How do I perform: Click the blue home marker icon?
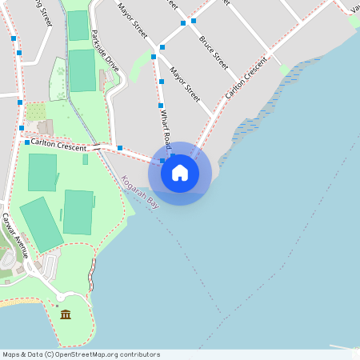pos(180,173)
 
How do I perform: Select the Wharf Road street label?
pos(165,129)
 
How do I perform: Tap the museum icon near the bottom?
pos(66,314)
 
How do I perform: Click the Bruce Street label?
pos(214,51)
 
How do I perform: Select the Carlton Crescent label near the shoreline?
pos(246,78)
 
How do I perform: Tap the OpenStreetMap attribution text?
pos(82,354)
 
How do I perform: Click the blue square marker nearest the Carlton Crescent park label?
pos(27,142)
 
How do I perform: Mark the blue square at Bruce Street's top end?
pos(194,21)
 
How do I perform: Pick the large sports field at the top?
pos(82,70)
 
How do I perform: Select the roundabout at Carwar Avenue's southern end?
pos(60,298)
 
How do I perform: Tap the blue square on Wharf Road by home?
pos(162,161)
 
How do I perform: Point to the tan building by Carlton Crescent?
pos(45,127)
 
